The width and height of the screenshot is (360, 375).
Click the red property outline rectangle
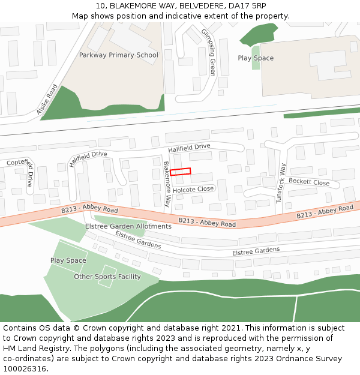pos(180,172)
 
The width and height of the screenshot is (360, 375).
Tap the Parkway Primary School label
pos(118,55)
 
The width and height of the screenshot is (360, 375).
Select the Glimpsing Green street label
pos(208,52)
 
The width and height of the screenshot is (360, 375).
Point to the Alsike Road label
pos(47,99)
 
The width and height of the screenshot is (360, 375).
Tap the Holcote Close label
pos(193,189)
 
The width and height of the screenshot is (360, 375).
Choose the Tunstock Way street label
pos(281,183)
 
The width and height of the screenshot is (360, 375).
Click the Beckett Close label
pos(309,182)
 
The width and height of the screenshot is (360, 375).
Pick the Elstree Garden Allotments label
pos(128,226)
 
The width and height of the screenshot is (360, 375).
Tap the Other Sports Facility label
pos(107,277)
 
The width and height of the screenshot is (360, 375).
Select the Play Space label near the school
pos(256,58)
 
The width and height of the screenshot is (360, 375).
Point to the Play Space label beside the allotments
pos(68,260)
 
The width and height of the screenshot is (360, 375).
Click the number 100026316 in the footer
pos(25,368)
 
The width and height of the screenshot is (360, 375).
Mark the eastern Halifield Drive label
pos(189,147)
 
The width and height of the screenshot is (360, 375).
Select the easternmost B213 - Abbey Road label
pos(325,212)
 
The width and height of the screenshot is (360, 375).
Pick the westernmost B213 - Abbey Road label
pos(89,209)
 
